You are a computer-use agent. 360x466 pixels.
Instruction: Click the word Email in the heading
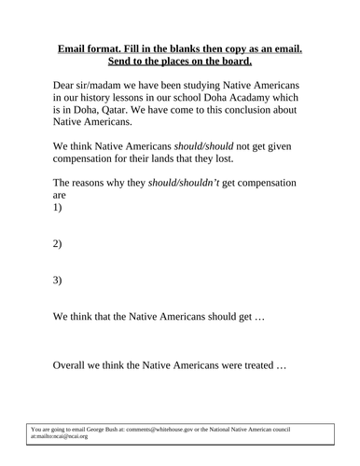pyautogui.click(x=75, y=47)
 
